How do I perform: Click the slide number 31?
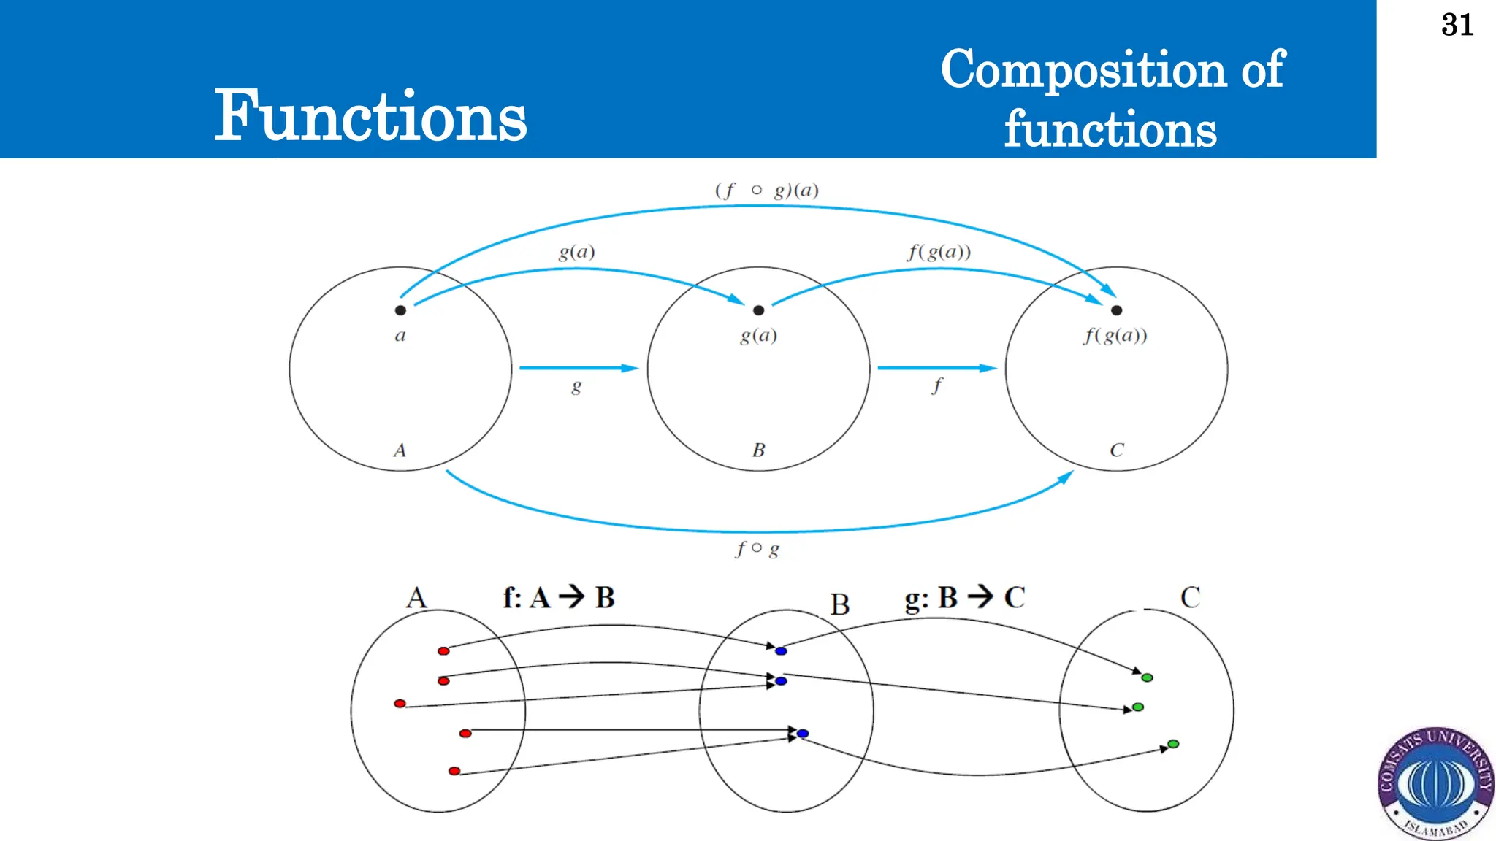pos(1457,26)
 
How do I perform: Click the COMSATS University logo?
pos(1435,783)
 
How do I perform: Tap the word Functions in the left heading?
pos(370,117)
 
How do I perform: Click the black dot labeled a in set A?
pos(400,310)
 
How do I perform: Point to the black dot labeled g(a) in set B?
pos(758,310)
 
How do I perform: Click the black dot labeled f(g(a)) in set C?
pos(1116,310)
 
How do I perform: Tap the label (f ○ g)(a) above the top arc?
pos(766,191)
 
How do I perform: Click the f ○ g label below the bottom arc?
pos(757,549)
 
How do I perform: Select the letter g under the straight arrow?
pos(576,386)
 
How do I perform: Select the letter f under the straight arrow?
pos(936,385)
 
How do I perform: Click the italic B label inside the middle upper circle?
pos(758,450)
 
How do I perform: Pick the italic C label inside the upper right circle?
pos(1116,450)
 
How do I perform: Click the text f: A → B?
pos(559,597)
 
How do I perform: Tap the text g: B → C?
pos(964,597)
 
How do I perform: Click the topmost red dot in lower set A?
pos(443,650)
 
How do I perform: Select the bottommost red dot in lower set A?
pos(454,771)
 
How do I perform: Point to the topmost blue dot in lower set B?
pos(781,650)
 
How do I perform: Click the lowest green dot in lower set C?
pos(1173,744)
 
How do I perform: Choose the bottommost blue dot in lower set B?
pos(803,733)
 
